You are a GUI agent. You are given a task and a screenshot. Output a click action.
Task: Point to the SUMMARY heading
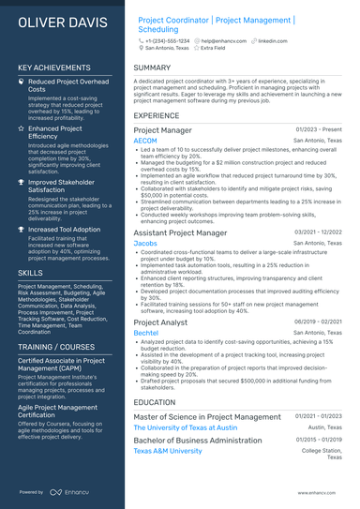tap(152, 67)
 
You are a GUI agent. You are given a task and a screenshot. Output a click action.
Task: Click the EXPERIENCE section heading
tap(157, 115)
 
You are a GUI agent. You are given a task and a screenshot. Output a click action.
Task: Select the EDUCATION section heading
tap(155, 402)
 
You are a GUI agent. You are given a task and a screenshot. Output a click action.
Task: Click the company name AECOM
tap(146, 141)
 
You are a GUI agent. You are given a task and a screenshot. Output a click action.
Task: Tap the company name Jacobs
tap(145, 243)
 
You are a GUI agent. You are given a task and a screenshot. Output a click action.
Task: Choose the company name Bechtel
tap(146, 333)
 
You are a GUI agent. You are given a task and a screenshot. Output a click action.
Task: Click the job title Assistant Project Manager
tap(180, 232)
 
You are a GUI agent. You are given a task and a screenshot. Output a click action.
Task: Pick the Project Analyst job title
tap(160, 322)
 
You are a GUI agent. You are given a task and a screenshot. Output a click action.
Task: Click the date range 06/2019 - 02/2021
tap(318, 322)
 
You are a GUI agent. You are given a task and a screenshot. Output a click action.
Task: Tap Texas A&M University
tap(168, 451)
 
